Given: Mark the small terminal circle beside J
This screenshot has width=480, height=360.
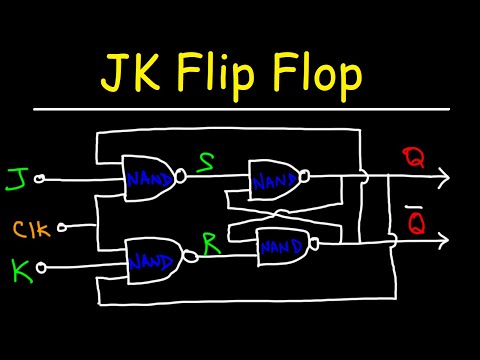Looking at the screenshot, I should pyautogui.click(x=40, y=181).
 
